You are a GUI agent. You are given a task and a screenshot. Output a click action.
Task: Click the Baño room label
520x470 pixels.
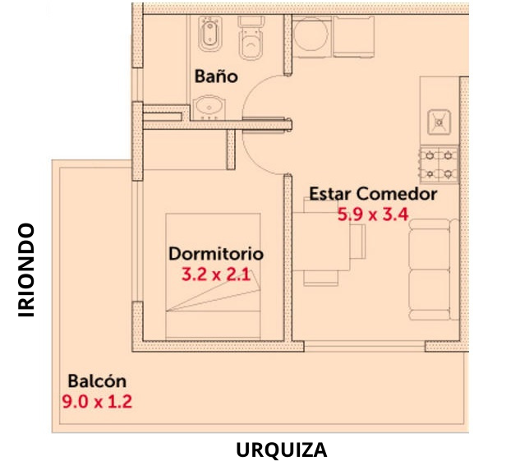216,76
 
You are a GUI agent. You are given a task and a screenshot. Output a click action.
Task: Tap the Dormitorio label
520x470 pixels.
216,254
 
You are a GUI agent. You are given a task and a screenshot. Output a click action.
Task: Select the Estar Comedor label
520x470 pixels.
373,194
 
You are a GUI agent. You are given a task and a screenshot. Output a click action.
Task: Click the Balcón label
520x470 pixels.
97,381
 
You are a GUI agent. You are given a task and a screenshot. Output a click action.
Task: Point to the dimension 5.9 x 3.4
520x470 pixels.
373,214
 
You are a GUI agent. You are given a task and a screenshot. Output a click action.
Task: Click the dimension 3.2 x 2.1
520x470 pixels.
216,274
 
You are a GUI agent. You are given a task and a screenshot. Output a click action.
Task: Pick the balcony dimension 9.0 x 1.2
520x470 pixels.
97,402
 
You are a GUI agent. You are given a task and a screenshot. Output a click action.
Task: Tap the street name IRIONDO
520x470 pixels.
26,270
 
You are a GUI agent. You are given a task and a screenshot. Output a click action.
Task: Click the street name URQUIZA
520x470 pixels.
282,450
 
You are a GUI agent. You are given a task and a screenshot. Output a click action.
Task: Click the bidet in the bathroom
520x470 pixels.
209,34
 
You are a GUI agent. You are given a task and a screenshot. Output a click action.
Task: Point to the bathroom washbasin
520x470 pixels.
209,107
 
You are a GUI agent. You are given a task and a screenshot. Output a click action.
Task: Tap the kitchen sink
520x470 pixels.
439,122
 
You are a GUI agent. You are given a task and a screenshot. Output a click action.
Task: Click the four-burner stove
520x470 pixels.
439,164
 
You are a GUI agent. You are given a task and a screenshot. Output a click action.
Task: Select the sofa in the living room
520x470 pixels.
434,270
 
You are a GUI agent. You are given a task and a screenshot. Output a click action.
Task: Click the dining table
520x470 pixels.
321,242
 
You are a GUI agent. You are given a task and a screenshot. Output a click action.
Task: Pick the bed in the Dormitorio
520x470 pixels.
213,276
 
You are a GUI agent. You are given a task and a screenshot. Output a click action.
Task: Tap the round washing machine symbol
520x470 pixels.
311,35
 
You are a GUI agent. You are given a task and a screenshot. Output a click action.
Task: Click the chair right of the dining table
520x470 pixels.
358,242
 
